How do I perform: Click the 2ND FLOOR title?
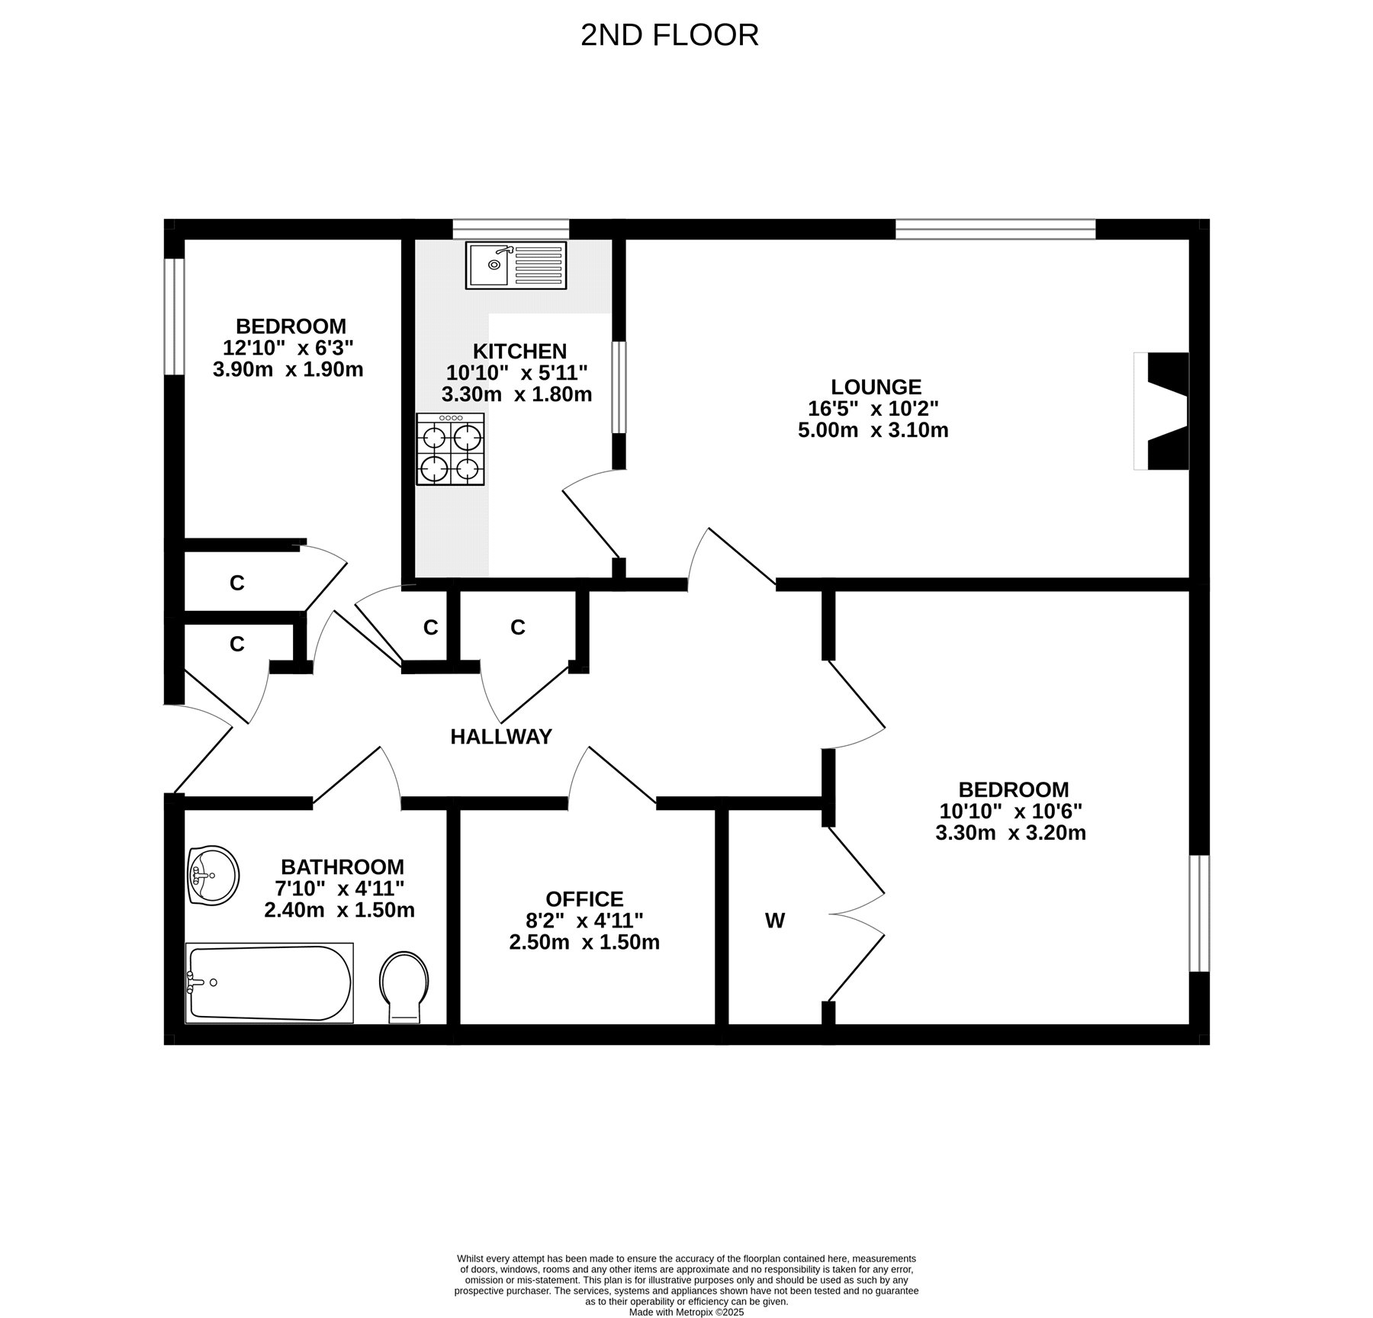coord(669,35)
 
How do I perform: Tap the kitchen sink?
coord(516,265)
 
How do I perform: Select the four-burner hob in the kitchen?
coord(450,449)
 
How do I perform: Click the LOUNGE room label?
coord(876,387)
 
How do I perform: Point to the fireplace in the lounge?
coord(1162,410)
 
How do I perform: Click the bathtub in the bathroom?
coord(269,982)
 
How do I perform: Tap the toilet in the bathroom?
coord(404,987)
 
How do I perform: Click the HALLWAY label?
coord(501,736)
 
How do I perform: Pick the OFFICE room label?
coord(584,899)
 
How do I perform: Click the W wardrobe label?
coord(775,921)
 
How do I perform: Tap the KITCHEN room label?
coord(519,351)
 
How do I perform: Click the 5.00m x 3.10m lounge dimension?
coord(873,430)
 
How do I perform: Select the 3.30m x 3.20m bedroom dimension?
coord(1011,832)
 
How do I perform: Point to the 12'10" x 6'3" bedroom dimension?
coord(288,348)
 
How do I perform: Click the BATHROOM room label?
coord(342,866)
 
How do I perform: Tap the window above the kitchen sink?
coord(511,229)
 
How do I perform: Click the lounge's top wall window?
coord(995,229)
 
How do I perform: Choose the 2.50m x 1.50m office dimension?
coord(584,942)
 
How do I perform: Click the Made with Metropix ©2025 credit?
coord(686,1312)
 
